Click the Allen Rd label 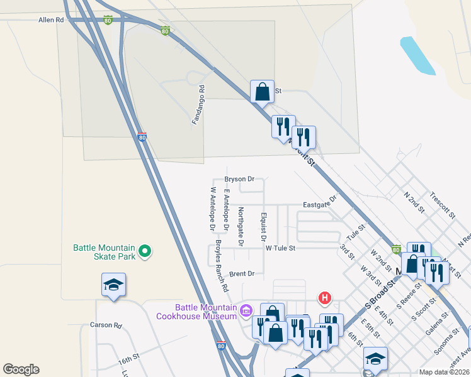pos(51,20)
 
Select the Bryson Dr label pos(239,179)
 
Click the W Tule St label pos(280,248)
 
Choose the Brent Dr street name pos(241,274)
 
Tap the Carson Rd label pos(105,325)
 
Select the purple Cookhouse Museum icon pos(246,310)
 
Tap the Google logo pos(21,369)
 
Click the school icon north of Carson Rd pos(114,285)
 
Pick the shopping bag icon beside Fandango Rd pos(262,92)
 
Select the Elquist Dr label pos(263,226)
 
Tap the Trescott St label pos(444,205)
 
